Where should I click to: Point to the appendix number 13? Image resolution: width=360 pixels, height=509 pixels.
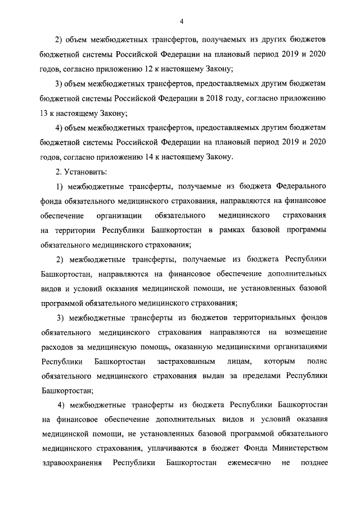(x=46, y=112)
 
